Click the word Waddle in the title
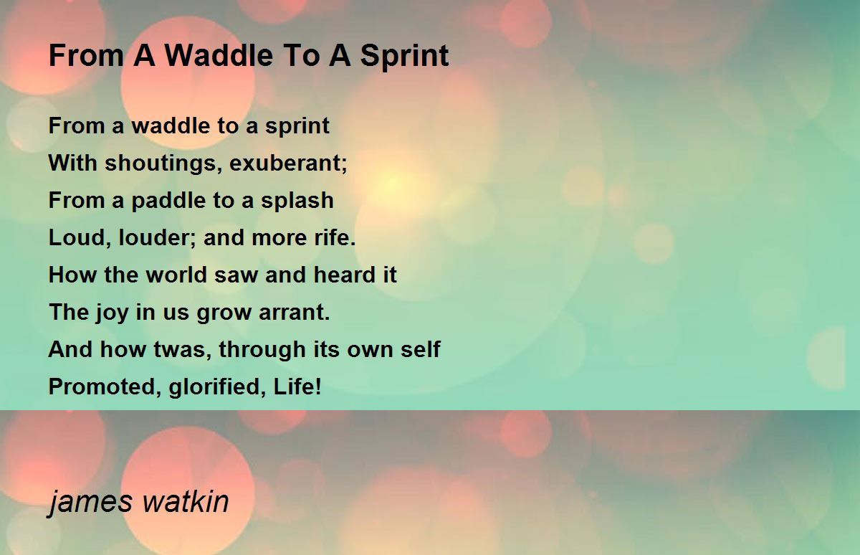click(219, 56)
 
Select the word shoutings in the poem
click(163, 163)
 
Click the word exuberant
click(288, 163)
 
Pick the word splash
click(297, 201)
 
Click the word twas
click(182, 349)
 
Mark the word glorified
click(217, 387)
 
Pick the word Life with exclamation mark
click(297, 386)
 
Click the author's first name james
click(90, 503)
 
